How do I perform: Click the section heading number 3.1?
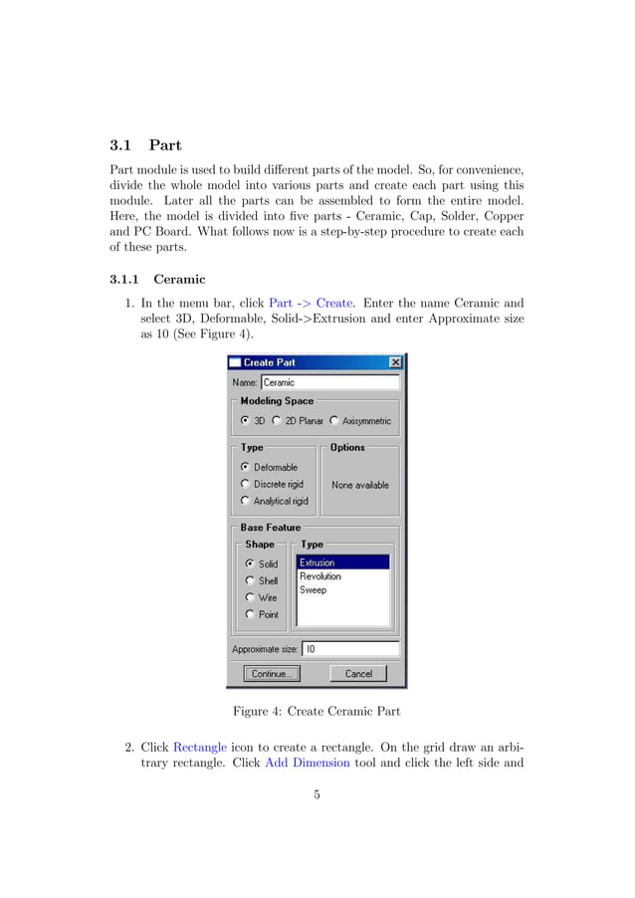[x=120, y=145]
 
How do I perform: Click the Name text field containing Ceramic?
[x=329, y=382]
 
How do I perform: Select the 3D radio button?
[x=246, y=421]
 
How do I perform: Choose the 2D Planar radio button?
[x=277, y=421]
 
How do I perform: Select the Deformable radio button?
[x=246, y=467]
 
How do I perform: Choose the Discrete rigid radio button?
[x=246, y=484]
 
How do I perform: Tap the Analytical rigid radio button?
[x=246, y=501]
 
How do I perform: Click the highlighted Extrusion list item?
[x=342, y=562]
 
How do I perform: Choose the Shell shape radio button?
[x=250, y=580]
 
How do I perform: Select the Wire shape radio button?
[x=250, y=597]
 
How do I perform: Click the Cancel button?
[x=357, y=674]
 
